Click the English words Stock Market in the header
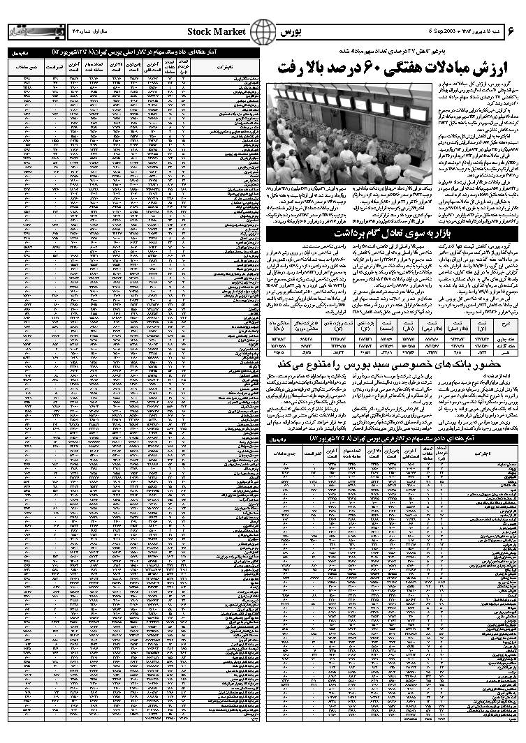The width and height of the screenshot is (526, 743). pos(217,32)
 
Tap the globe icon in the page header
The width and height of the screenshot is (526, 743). pos(263,32)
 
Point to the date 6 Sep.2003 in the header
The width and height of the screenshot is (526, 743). pos(445,32)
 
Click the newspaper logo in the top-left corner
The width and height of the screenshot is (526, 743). pos(26,33)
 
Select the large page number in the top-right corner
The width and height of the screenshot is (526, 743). pos(511,31)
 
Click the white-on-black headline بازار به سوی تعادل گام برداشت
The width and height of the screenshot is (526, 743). pos(391,232)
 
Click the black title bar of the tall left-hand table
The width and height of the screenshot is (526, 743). pos(133,53)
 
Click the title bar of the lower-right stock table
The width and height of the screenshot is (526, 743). pos(391,438)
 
